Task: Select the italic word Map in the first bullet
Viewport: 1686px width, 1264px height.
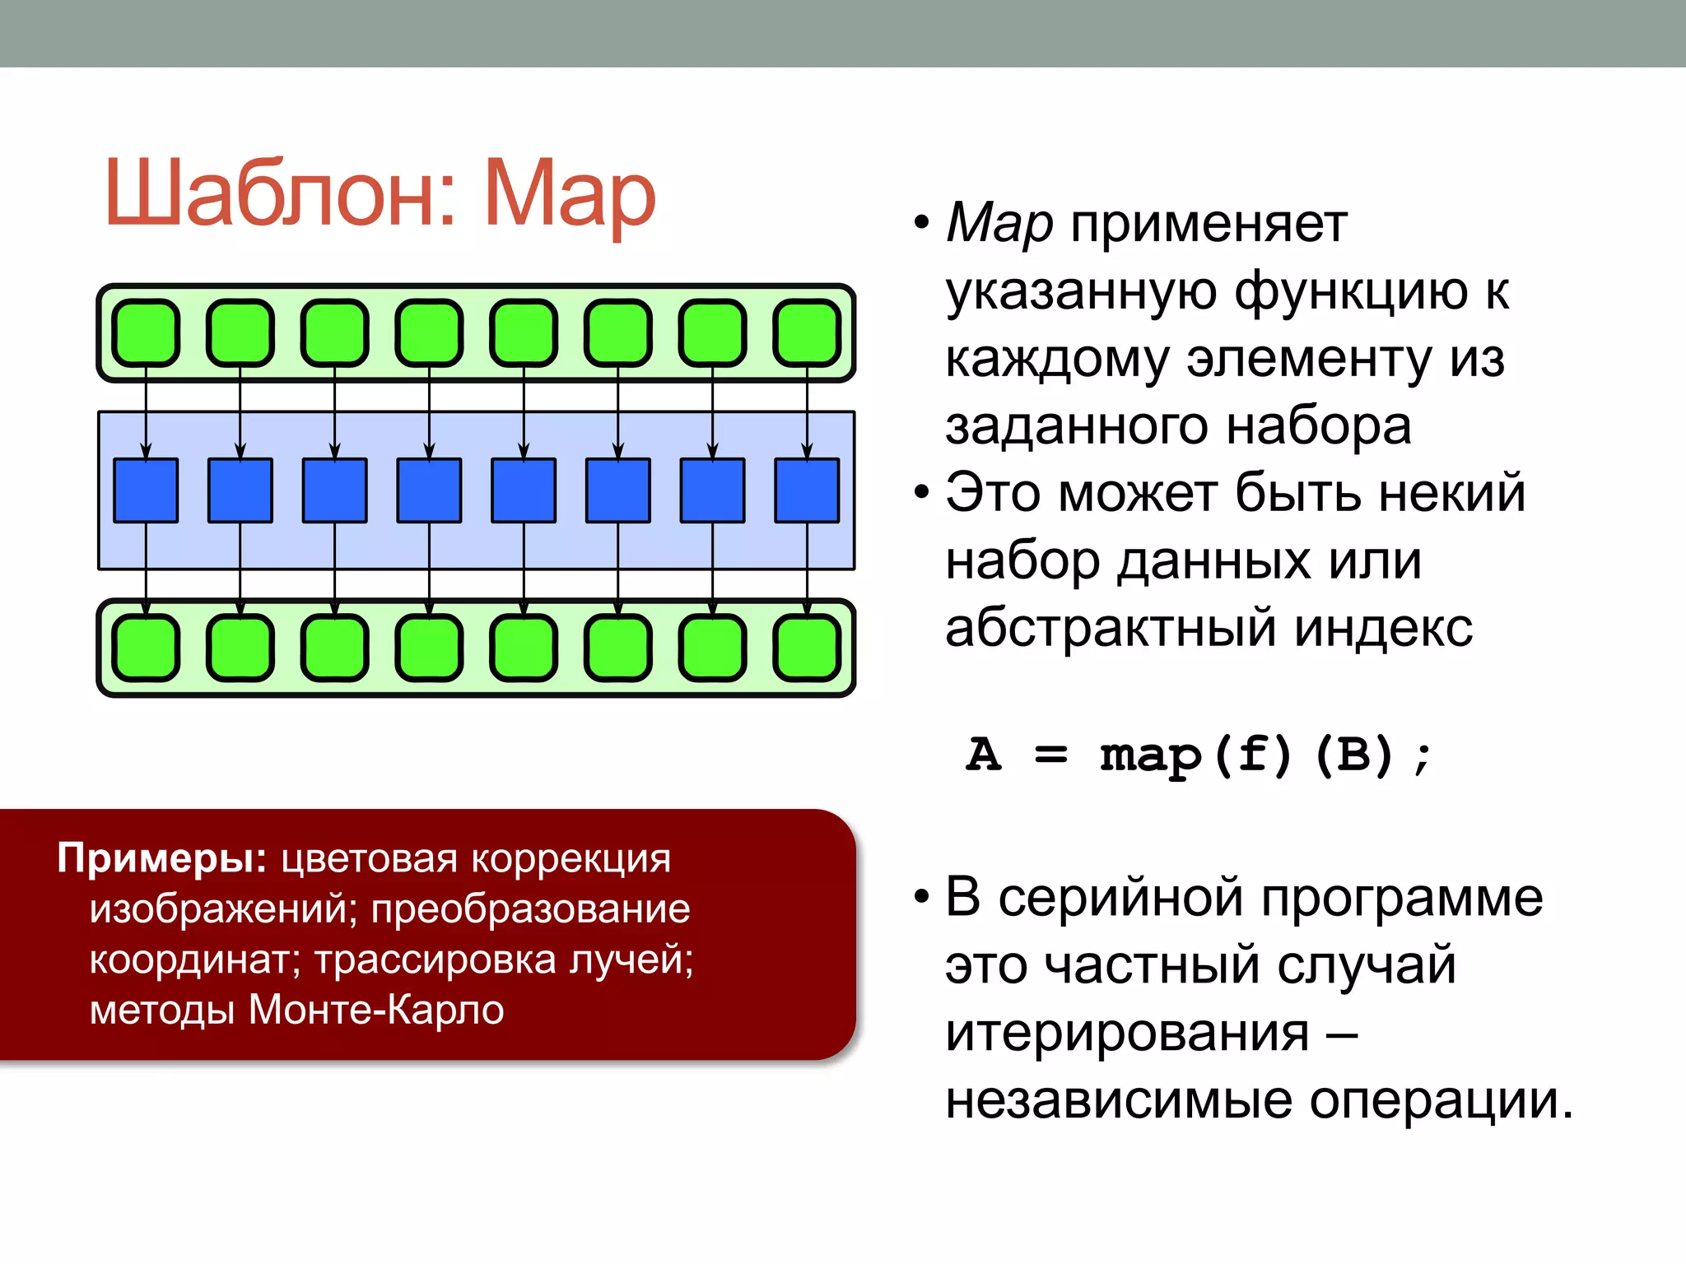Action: pos(999,224)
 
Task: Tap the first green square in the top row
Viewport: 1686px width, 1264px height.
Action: pos(146,333)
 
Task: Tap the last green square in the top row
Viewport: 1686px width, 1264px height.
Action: pos(807,333)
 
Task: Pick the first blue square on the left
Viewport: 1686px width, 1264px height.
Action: pos(146,490)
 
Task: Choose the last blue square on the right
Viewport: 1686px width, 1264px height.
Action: pos(807,490)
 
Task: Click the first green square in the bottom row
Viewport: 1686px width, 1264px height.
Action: pos(146,648)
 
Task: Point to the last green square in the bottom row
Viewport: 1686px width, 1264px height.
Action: pos(807,648)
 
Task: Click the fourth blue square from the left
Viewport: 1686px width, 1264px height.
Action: pos(429,490)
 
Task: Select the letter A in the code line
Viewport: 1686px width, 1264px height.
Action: pos(984,755)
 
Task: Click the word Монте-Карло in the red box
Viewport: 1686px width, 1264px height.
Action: pos(376,1010)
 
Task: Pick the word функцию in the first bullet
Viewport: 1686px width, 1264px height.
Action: pos(1351,292)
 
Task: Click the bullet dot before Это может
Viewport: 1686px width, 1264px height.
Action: pos(921,493)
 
